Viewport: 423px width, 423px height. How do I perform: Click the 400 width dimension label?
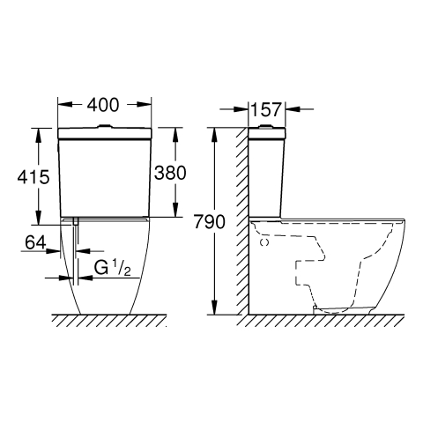(103, 105)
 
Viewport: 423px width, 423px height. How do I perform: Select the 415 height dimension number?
(33, 177)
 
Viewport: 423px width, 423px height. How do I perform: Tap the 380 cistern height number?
(170, 173)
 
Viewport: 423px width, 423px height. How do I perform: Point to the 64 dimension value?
(35, 242)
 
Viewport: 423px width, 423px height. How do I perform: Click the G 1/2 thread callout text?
(113, 268)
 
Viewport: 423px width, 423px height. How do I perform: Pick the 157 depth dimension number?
(266, 109)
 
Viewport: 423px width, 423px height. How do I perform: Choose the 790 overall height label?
(209, 222)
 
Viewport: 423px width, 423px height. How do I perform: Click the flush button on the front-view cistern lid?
(105, 127)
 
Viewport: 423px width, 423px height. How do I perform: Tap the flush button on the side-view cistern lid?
(266, 127)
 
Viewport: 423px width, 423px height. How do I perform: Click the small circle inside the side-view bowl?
(264, 242)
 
